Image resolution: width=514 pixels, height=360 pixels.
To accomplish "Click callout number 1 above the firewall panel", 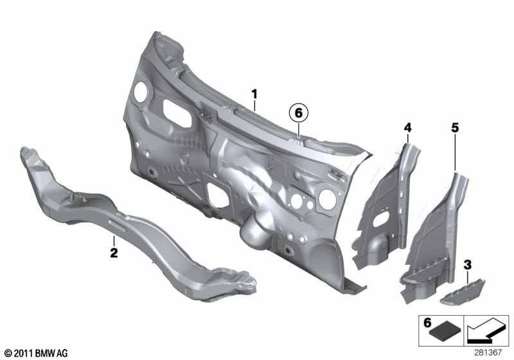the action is click(254, 94).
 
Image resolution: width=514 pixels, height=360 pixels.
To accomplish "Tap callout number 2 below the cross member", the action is click(114, 253).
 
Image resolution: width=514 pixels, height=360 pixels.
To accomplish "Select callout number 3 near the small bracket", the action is click(468, 265).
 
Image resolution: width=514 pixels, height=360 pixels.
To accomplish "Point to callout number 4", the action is click(407, 127).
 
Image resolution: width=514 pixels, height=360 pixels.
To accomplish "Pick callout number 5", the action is click(455, 127).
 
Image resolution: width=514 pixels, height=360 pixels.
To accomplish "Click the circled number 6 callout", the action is click(299, 113).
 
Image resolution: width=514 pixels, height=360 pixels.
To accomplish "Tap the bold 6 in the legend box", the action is click(427, 323).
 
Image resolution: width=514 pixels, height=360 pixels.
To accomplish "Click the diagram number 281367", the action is click(488, 353).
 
